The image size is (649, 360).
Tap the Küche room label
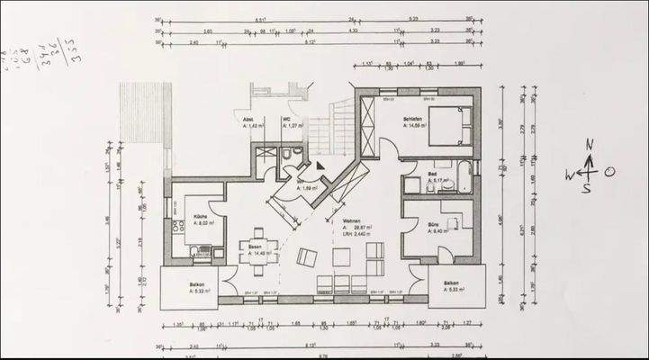click(x=201, y=217)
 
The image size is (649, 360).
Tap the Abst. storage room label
click(x=248, y=120)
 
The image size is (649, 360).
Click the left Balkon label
click(x=197, y=285)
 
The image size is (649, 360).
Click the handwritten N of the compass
click(x=589, y=145)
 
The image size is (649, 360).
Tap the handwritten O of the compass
click(x=609, y=172)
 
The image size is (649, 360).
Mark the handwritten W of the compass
click(x=570, y=174)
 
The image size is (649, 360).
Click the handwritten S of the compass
click(x=586, y=189)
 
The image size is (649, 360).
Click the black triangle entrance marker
click(x=320, y=165)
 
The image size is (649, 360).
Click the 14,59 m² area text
click(x=415, y=125)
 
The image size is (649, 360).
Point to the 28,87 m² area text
click(x=356, y=229)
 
